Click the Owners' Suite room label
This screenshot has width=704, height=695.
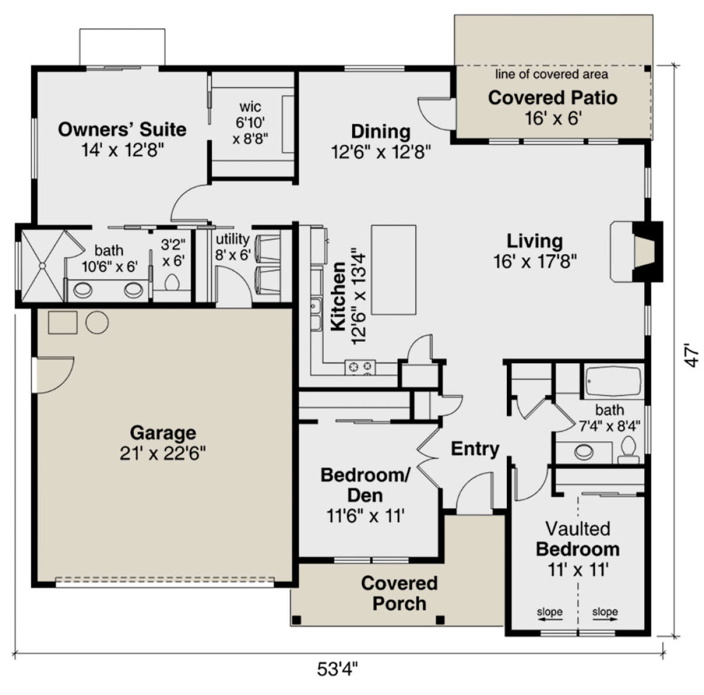click(122, 129)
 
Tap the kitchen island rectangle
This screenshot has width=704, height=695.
click(394, 269)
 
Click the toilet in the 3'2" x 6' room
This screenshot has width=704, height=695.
click(172, 282)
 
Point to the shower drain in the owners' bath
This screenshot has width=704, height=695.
click(43, 265)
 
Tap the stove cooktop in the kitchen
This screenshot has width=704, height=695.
click(360, 367)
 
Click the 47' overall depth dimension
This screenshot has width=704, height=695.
click(691, 355)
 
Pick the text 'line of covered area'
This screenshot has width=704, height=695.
click(551, 75)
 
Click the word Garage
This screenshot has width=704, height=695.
click(163, 433)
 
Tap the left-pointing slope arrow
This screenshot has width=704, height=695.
click(550, 619)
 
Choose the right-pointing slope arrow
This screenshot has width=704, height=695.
click(605, 619)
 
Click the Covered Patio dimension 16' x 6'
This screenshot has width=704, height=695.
click(553, 118)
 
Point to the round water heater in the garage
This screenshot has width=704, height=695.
click(97, 322)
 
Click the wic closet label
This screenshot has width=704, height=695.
click(251, 107)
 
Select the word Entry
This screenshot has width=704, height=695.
click(475, 448)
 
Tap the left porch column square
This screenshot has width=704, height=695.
click(296, 620)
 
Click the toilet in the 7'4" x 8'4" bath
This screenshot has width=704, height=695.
click(629, 450)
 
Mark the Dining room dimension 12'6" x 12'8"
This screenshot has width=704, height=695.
click(381, 151)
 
